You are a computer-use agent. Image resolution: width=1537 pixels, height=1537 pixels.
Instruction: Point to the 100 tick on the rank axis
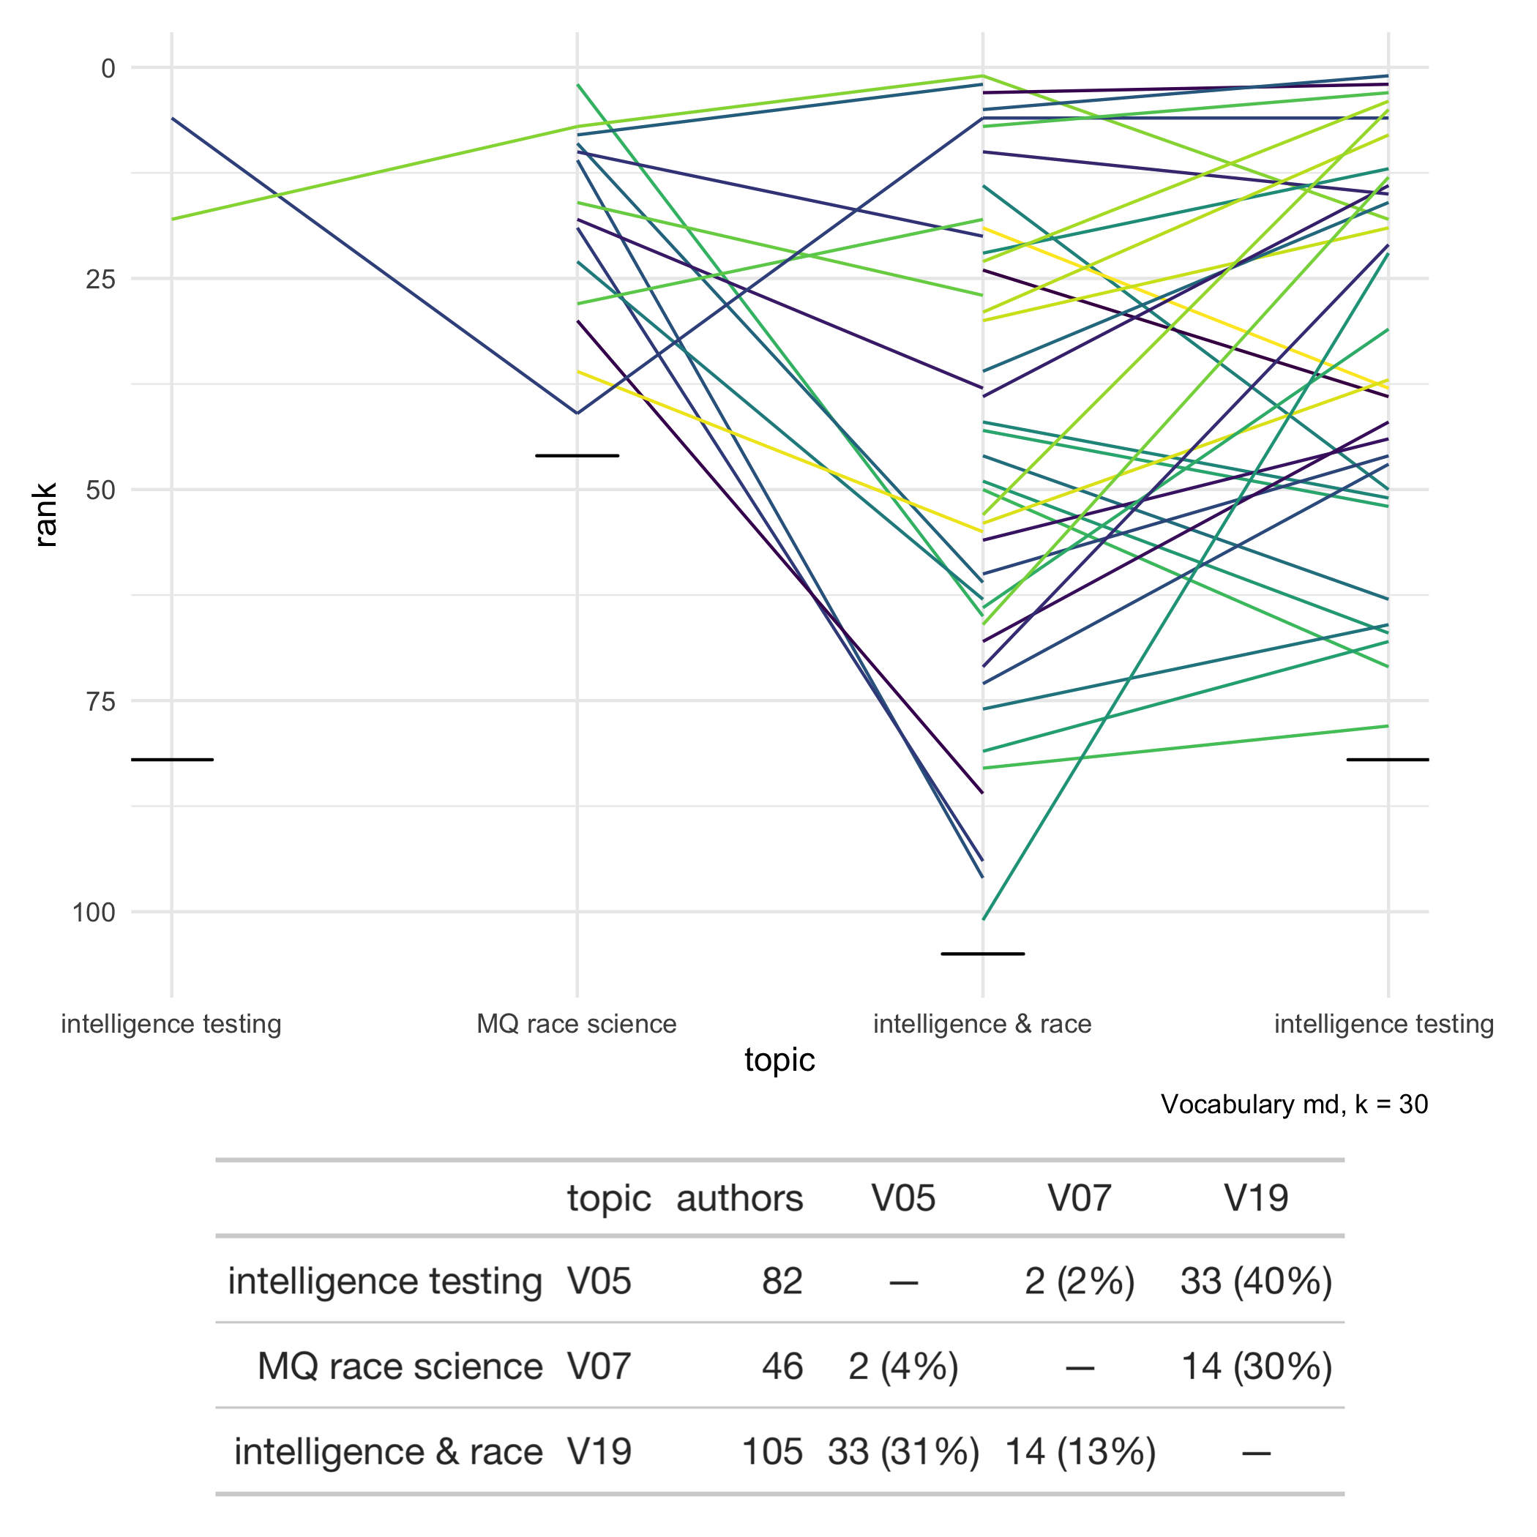[94, 913]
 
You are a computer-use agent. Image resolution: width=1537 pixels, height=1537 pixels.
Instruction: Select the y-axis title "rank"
[45, 515]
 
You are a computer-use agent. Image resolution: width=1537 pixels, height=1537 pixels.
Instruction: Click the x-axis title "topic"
[779, 1061]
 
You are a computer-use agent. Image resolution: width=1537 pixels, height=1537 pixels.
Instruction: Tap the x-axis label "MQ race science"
[577, 1024]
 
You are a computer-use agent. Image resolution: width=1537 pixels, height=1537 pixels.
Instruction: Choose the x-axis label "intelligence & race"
[982, 1024]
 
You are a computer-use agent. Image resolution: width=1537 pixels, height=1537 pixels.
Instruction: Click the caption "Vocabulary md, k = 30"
[1294, 1104]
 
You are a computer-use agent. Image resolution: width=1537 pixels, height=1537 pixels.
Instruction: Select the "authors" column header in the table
[740, 1198]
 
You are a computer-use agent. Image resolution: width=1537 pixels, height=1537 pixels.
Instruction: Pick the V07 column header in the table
[1080, 1198]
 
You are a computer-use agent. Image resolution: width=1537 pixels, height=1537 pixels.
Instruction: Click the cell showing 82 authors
[782, 1282]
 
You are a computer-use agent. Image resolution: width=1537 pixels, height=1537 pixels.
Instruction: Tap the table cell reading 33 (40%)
[1256, 1282]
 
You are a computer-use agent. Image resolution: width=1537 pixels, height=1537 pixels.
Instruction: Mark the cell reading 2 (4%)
[903, 1366]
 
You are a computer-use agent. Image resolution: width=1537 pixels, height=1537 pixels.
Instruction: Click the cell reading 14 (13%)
[1080, 1452]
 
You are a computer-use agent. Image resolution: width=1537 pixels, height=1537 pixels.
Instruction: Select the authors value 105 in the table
[771, 1452]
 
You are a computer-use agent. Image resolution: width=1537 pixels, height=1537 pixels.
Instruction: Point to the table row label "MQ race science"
[400, 1366]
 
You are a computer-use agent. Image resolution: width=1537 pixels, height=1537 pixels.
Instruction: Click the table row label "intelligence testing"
[385, 1282]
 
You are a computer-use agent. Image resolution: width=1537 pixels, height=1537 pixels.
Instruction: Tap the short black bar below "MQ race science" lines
[577, 456]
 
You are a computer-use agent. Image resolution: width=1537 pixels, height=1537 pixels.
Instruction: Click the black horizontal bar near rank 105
[982, 954]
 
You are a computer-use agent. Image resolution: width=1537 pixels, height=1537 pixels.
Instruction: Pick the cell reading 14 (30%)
[1257, 1366]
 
